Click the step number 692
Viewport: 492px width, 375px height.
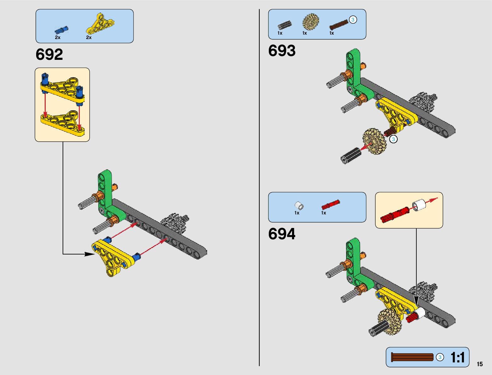coord(49,54)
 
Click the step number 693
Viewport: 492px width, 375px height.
coord(282,51)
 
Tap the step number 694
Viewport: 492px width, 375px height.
coord(282,234)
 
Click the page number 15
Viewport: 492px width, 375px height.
coord(479,364)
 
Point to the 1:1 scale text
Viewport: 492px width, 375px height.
coord(457,357)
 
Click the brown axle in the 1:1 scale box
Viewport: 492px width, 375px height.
coord(412,357)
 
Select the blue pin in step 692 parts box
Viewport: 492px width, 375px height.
coord(61,30)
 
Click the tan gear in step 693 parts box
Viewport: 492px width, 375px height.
coord(311,22)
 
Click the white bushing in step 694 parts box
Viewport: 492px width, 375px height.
coord(299,206)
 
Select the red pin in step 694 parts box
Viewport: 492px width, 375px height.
coord(330,205)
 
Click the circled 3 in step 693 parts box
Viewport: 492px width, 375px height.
coord(353,20)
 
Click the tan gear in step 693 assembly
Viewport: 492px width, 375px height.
coord(374,141)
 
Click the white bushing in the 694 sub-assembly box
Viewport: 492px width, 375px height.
coord(419,205)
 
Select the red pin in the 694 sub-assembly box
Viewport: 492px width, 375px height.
coord(395,214)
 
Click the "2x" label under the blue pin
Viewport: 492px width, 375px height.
coord(58,37)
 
